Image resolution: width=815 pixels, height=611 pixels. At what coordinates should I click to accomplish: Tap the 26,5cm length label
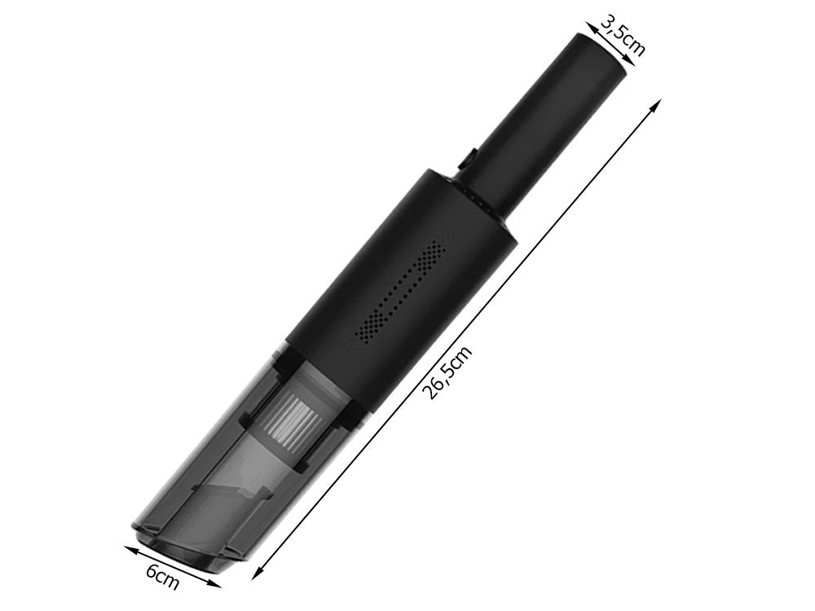[x=448, y=373]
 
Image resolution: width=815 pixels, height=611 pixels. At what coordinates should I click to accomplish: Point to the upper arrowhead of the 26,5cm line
[x=656, y=104]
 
